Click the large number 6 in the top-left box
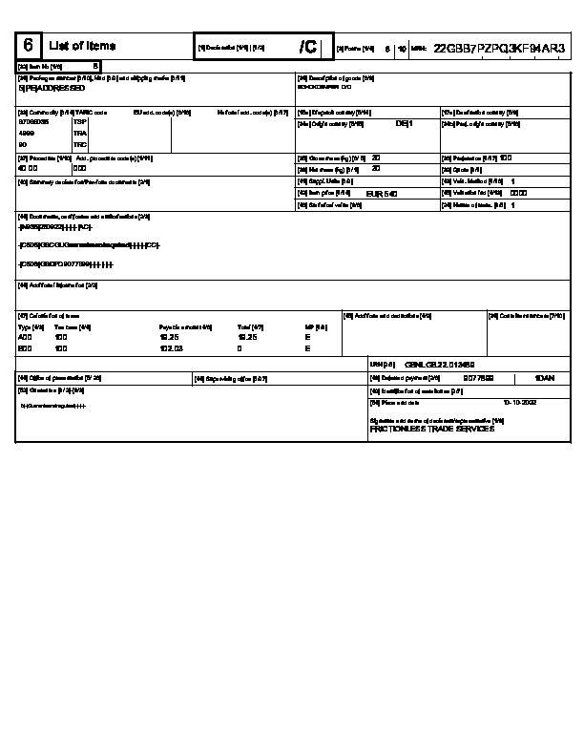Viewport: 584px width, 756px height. tap(29, 46)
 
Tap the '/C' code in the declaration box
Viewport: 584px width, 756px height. tap(307, 47)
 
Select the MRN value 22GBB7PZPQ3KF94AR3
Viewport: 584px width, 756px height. tap(499, 47)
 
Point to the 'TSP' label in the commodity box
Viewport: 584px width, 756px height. tap(80, 122)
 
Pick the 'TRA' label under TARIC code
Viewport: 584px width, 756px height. tap(80, 134)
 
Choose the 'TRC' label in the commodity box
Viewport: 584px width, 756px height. tap(80, 145)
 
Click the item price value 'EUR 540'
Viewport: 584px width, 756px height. tap(382, 194)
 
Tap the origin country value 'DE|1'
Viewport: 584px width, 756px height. tap(404, 123)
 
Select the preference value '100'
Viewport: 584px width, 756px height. tap(506, 157)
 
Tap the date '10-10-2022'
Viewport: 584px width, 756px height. tap(521, 403)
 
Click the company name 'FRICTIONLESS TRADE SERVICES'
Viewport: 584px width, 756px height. tap(431, 430)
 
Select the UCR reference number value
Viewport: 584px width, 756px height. tap(440, 365)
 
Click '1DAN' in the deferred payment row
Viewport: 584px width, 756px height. tap(544, 378)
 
